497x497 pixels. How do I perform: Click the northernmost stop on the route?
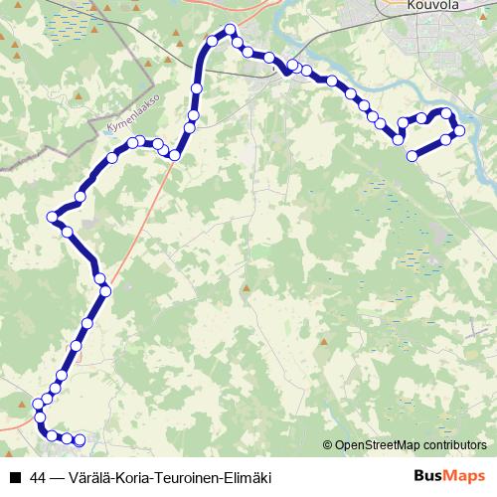pyautogui.click(x=231, y=29)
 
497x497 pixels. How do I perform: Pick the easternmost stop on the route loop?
pyautogui.click(x=460, y=131)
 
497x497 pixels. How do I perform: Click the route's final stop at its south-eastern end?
pyautogui.click(x=81, y=439)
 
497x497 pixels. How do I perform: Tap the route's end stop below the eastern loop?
pyautogui.click(x=412, y=155)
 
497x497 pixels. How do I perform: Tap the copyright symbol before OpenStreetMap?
pyautogui.click(x=328, y=446)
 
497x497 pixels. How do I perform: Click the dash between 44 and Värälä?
pyautogui.click(x=57, y=477)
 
